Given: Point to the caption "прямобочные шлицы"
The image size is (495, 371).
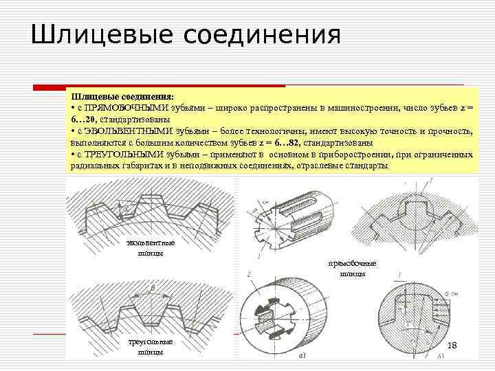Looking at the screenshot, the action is [x=352, y=269].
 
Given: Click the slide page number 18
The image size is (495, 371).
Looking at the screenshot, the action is [x=452, y=345].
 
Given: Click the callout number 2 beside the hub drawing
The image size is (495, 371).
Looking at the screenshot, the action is [x=246, y=273].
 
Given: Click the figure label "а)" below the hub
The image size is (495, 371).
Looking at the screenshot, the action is [x=302, y=355].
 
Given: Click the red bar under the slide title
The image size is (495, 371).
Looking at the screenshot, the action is [x=159, y=87].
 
